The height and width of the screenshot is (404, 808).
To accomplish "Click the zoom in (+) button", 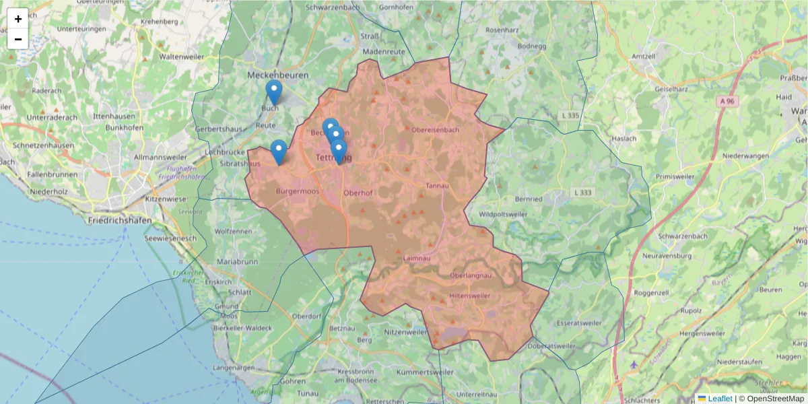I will (18, 19).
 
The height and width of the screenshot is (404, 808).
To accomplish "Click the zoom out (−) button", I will (18, 39).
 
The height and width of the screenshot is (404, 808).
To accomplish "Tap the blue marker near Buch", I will (273, 92).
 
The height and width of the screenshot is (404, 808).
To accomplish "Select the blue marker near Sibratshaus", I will (279, 151).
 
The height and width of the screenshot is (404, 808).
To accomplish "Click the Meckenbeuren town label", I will (279, 74).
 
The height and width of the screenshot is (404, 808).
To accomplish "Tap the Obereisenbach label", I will (436, 130).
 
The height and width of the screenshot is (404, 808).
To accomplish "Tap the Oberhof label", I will (358, 193).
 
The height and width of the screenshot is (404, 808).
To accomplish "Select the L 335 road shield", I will (570, 116).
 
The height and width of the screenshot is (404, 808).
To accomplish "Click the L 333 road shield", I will (583, 192).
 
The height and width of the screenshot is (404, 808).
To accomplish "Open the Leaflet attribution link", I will (720, 399).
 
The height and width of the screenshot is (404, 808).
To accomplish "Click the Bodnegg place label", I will (532, 46).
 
